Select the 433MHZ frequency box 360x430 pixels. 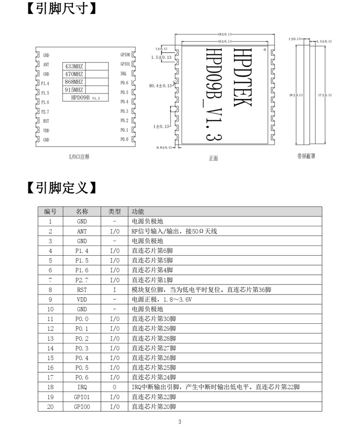[74, 66]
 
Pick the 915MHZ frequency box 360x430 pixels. [74, 90]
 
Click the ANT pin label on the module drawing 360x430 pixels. [46, 64]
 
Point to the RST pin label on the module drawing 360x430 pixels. [46, 121]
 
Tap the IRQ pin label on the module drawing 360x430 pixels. [123, 74]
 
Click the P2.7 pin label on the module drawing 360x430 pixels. [46, 111]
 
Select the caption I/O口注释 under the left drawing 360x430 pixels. [79, 157]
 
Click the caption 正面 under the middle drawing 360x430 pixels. [214, 158]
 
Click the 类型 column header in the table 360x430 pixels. [114, 211]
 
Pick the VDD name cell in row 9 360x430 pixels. [82, 299]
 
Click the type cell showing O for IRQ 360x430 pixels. [114, 387]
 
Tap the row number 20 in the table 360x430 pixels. [50, 407]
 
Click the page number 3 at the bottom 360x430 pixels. [180, 422]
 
